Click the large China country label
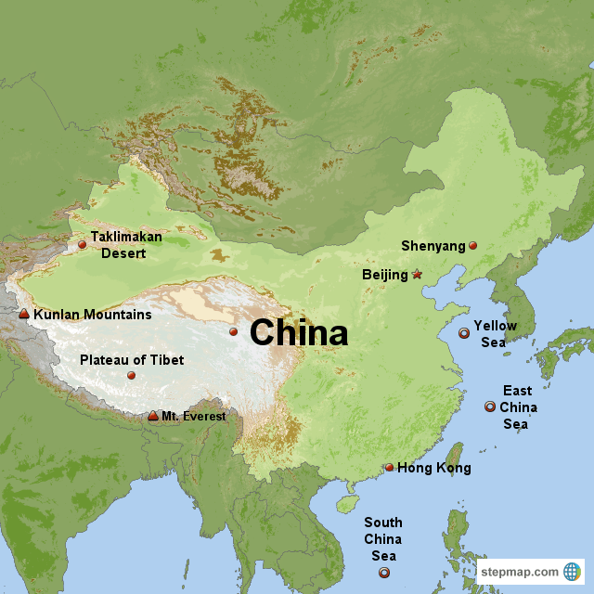pyautogui.click(x=299, y=333)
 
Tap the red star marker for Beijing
pyautogui.click(x=417, y=275)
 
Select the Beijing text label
pyautogui.click(x=385, y=275)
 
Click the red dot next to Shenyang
pyautogui.click(x=472, y=246)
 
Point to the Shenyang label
pyautogui.click(x=433, y=246)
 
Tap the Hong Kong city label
pyautogui.click(x=433, y=468)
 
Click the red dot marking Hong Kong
pyautogui.click(x=389, y=468)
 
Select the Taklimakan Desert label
pyautogui.click(x=126, y=244)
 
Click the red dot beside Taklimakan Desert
pyautogui.click(x=82, y=245)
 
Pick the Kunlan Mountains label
pyautogui.click(x=92, y=315)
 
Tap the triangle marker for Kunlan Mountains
pyautogui.click(x=24, y=315)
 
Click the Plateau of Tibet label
pyautogui.click(x=132, y=360)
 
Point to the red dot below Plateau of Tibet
pyautogui.click(x=131, y=376)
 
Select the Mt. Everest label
pyautogui.click(x=193, y=416)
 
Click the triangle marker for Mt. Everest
pyautogui.click(x=153, y=416)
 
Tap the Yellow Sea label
pyautogui.click(x=496, y=334)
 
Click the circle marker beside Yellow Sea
pyautogui.click(x=464, y=333)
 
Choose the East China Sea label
pyautogui.click(x=518, y=407)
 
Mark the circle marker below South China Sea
pyautogui.click(x=384, y=573)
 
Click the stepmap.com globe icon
pyautogui.click(x=572, y=571)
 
